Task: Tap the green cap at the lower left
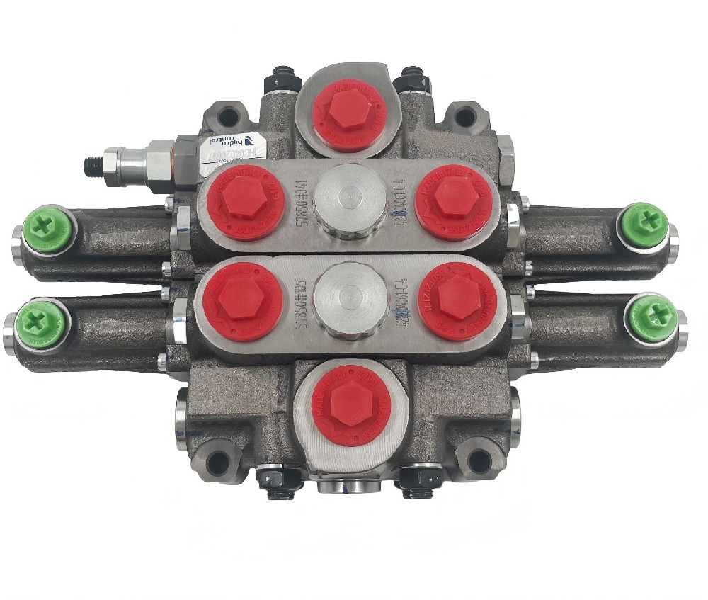coord(42,322)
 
